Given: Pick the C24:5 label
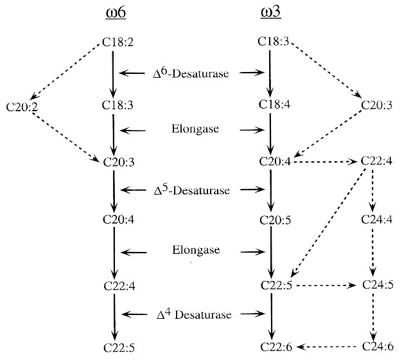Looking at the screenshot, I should [x=376, y=284].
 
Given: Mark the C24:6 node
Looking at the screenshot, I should [x=376, y=347].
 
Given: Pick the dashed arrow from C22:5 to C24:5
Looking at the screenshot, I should [x=324, y=284].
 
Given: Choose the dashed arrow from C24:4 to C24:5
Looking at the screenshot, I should [x=374, y=253].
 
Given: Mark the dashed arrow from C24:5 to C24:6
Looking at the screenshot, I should [x=374, y=315].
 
